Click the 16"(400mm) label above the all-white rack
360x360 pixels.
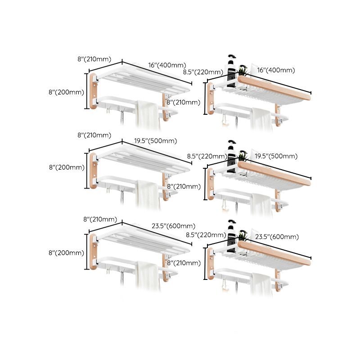click(x=166, y=66)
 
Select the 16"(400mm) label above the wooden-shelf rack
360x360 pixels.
click(x=276, y=70)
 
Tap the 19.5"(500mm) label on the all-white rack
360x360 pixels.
click(x=155, y=141)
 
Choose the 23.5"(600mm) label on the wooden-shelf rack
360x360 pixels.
click(x=276, y=236)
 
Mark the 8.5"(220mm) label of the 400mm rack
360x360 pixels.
click(x=203, y=72)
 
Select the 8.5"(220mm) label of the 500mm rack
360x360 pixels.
click(x=207, y=156)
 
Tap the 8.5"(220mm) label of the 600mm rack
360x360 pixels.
click(x=206, y=234)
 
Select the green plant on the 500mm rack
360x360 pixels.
click(x=243, y=156)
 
